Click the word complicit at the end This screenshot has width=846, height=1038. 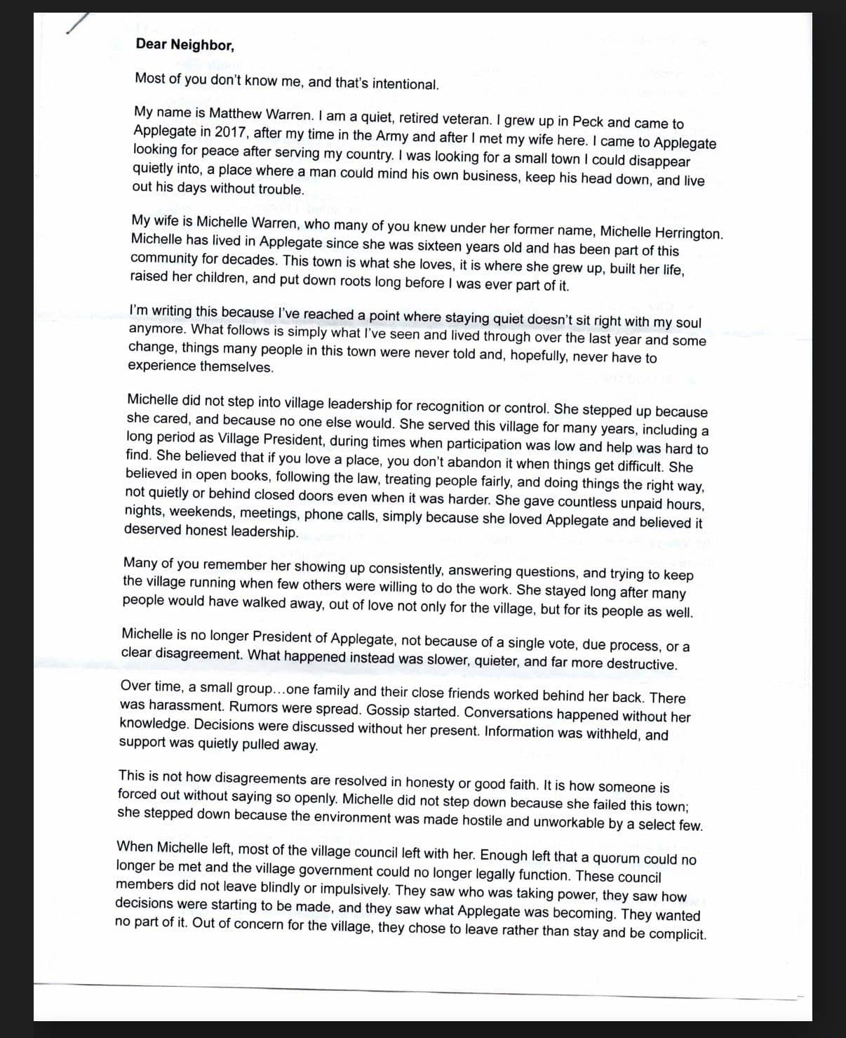(677, 934)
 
